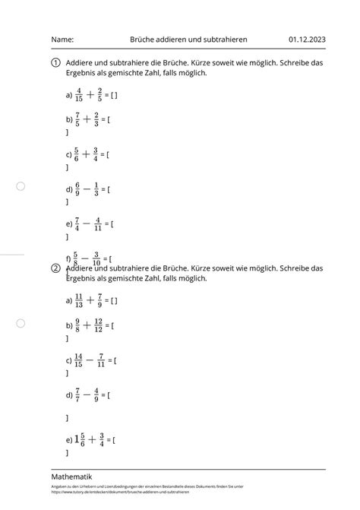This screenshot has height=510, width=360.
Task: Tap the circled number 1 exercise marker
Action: [x=56, y=64]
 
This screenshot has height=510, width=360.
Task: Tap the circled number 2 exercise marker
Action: [x=56, y=269]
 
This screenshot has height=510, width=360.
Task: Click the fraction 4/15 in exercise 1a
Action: [x=79, y=95]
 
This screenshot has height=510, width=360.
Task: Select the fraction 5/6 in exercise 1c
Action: [x=77, y=154]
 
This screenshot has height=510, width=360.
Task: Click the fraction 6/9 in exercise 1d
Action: [x=77, y=189]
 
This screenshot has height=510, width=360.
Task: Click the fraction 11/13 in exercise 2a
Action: [x=79, y=300]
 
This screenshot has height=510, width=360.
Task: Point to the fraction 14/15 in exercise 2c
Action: [x=79, y=360]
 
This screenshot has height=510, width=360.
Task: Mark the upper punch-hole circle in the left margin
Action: [x=21, y=186]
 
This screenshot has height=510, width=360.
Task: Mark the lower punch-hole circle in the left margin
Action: [x=21, y=323]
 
